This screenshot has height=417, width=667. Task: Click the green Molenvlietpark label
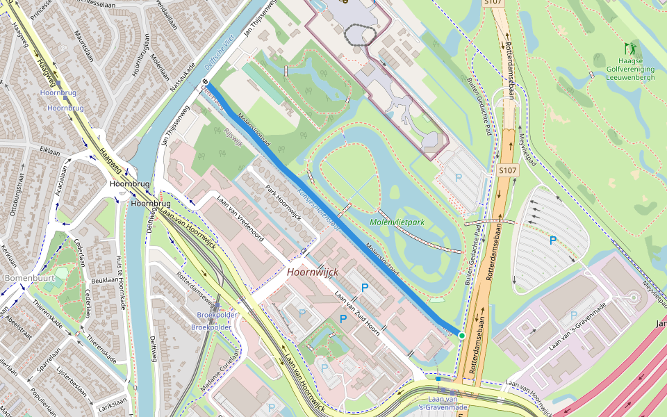click(397, 222)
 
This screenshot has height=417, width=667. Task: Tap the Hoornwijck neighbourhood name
click(312, 272)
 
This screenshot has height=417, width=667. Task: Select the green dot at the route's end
click(461, 335)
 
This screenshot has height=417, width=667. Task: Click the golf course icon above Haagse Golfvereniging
click(631, 49)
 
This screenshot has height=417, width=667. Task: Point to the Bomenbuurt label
click(24, 278)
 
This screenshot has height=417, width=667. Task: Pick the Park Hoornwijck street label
click(283, 202)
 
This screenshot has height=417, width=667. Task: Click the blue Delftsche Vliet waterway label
click(221, 58)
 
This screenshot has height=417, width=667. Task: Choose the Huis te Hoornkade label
click(122, 282)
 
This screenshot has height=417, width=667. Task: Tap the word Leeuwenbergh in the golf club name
click(631, 78)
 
